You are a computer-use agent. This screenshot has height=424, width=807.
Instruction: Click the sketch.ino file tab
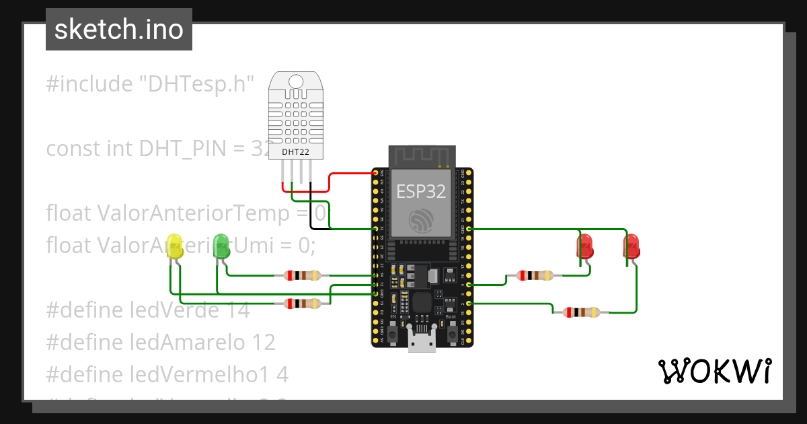pos(119,30)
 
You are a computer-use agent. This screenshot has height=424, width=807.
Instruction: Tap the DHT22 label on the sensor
pos(295,152)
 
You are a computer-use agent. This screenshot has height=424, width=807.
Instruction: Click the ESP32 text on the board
pos(421,191)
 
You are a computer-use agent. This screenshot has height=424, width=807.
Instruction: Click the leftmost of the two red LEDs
pos(585,246)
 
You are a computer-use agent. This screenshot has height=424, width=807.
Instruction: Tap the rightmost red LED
pos(631,246)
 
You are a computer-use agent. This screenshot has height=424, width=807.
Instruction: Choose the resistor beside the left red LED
pos(535,275)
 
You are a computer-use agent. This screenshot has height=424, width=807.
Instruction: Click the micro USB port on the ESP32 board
pos(422,341)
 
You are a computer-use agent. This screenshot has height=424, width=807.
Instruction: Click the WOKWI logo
pos(714,371)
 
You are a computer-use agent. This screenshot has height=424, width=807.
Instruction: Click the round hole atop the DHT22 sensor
pos(295,82)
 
